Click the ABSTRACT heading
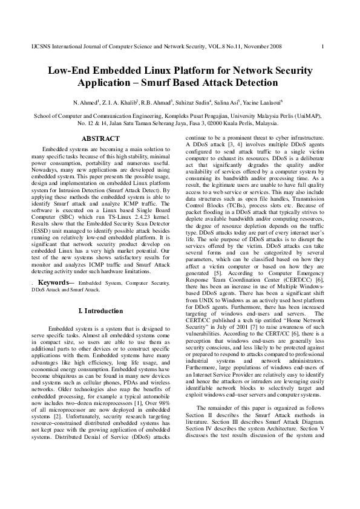pyautogui.click(x=100, y=138)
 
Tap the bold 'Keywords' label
pyautogui.click(x=56, y=281)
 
